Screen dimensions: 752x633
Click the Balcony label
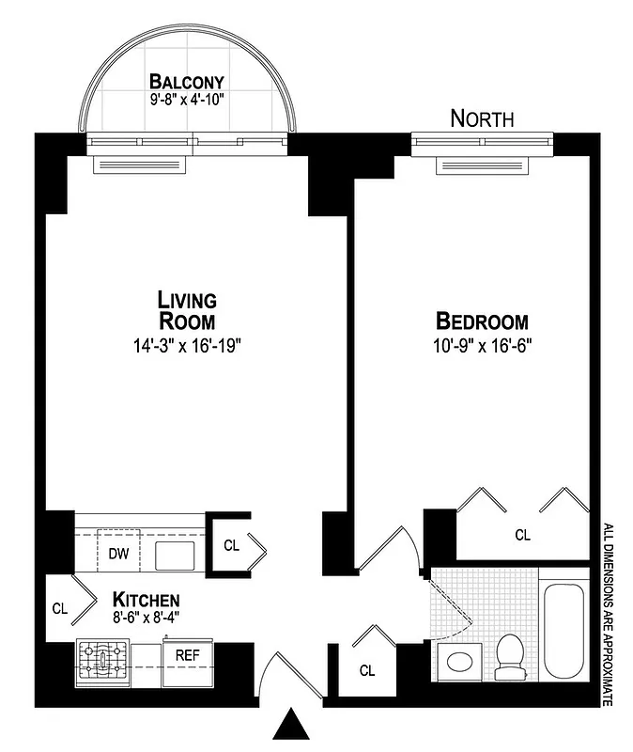[186, 81]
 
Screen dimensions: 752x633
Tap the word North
[482, 118]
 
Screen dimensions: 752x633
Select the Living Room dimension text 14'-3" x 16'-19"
[188, 345]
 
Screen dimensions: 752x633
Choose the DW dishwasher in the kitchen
[118, 554]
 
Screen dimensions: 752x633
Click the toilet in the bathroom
[511, 656]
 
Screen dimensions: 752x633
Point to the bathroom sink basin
[460, 661]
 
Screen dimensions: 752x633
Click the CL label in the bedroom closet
[523, 535]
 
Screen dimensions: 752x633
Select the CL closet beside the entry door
[367, 671]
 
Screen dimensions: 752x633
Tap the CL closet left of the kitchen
[60, 608]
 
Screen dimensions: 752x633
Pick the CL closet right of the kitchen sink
[231, 545]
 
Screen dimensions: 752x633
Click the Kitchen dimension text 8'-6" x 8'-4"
[146, 618]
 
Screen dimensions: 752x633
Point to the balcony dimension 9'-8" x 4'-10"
[186, 98]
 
